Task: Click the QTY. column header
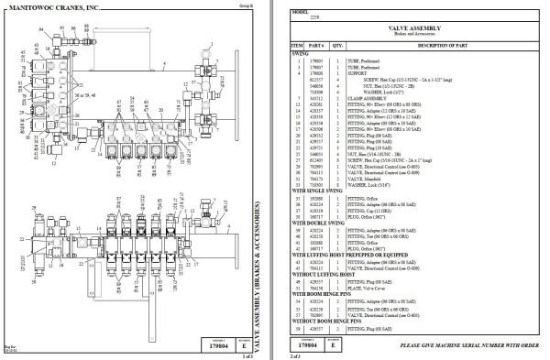click(338, 45)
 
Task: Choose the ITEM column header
click(297, 45)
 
